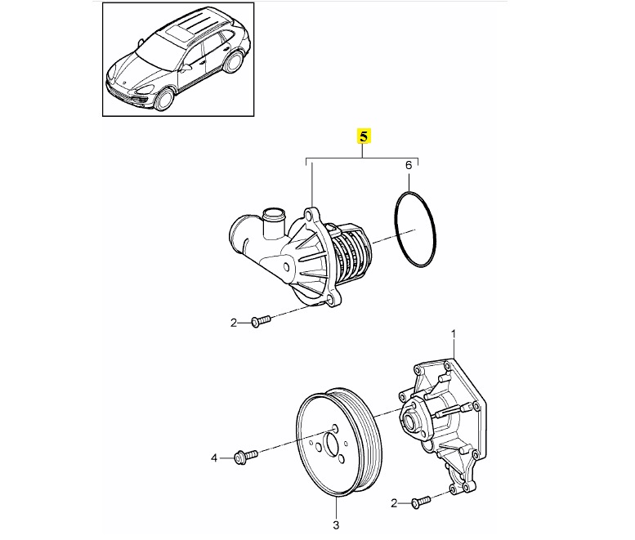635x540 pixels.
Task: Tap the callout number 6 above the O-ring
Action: [x=409, y=167]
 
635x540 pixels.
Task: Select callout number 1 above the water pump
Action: [x=455, y=334]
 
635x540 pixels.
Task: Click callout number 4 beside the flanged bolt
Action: [x=215, y=458]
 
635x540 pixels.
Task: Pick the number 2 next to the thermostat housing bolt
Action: [x=233, y=323]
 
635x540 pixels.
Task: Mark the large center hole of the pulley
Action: [x=333, y=445]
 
